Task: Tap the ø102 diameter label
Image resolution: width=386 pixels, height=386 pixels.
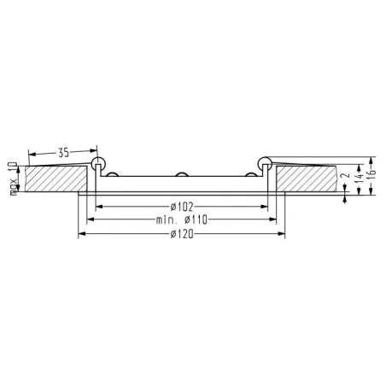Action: [x=181, y=205]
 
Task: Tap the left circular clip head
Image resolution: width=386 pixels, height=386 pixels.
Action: [x=99, y=162]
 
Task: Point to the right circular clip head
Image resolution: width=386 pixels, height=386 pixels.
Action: [x=262, y=162]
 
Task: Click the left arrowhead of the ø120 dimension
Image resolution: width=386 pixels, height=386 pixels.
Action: [x=82, y=234]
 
